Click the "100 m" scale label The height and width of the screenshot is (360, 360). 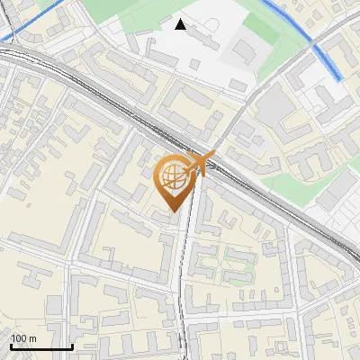[23, 338]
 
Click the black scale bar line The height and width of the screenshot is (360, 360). [41, 346]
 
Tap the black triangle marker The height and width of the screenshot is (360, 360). [181, 24]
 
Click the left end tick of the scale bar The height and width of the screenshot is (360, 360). [11, 346]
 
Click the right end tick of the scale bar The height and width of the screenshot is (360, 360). [72, 346]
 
